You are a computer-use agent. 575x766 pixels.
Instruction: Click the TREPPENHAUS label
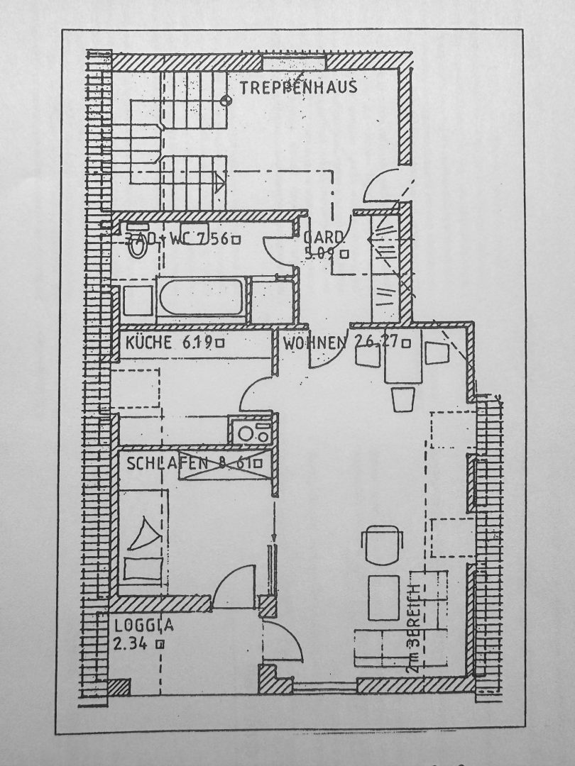(297, 88)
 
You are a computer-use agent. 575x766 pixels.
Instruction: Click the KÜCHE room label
(148, 344)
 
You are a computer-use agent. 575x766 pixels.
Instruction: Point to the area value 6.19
(197, 344)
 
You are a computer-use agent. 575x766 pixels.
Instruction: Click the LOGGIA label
(144, 626)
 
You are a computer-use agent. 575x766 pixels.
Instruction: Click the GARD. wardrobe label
(324, 237)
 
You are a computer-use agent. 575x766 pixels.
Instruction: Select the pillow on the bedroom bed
(143, 568)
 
